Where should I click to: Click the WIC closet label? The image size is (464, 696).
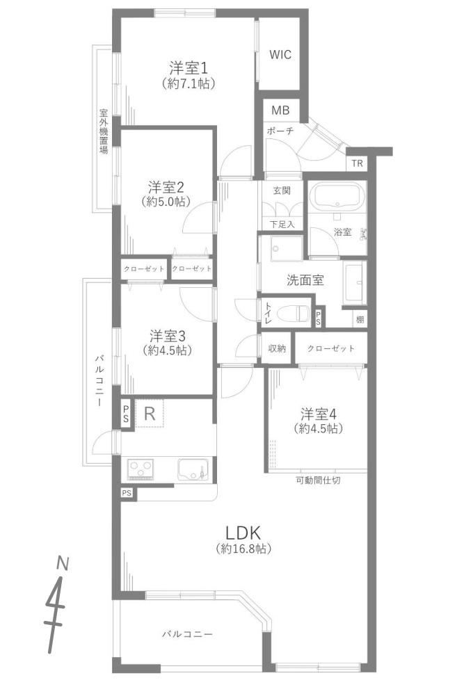tap(280, 54)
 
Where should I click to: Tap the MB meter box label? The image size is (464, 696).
tap(280, 110)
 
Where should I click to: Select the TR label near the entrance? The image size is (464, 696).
tap(357, 163)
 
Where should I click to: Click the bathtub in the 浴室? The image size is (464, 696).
tap(337, 197)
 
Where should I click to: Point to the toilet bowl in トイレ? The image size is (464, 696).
tap(293, 314)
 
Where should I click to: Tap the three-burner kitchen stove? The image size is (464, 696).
tap(141, 469)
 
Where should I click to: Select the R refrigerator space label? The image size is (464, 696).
tap(150, 414)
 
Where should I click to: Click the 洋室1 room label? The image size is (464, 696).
tap(189, 67)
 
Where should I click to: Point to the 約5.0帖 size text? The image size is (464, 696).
tap(166, 201)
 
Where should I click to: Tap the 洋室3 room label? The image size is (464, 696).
tap(168, 335)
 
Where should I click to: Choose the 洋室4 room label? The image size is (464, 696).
tap(319, 414)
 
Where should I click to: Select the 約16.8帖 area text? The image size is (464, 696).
tap(243, 549)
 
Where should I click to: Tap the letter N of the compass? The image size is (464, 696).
tap(63, 564)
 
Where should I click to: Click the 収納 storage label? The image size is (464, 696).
tap(277, 348)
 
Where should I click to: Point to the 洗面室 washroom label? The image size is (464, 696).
tap(305, 280)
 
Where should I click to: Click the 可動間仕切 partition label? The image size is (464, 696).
tap(318, 480)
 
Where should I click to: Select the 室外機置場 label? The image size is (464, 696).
tap(104, 131)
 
